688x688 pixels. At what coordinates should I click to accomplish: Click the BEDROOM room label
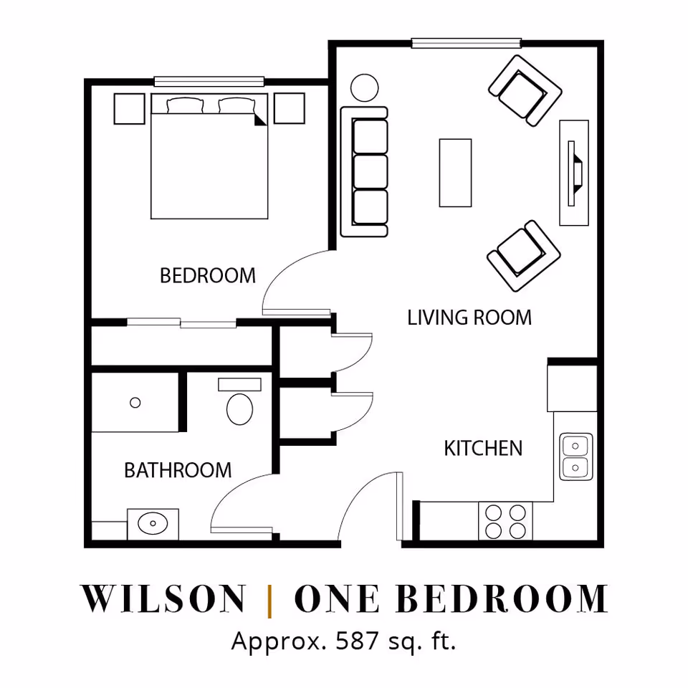[208, 275]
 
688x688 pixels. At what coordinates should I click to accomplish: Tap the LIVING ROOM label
[469, 317]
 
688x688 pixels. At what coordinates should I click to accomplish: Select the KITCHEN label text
[483, 449]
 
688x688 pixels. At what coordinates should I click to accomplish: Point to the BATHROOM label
[178, 470]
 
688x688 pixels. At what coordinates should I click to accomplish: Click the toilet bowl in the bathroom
[239, 409]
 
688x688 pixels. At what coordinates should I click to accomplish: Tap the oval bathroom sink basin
[153, 523]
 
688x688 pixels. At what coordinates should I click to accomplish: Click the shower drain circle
[135, 402]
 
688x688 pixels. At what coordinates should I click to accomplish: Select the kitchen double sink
[575, 457]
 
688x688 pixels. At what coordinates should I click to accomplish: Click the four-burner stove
[505, 521]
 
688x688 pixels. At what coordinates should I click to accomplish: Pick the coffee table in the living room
[456, 173]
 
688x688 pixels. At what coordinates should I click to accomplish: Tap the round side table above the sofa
[364, 87]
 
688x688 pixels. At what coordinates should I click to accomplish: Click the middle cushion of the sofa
[371, 171]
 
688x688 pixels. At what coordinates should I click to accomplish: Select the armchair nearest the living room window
[525, 91]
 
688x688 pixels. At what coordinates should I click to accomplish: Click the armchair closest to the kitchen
[523, 256]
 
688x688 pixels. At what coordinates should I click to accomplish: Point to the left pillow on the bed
[185, 105]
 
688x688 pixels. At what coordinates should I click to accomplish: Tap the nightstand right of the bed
[289, 108]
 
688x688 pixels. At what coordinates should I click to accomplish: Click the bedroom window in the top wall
[209, 81]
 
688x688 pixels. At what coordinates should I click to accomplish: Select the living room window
[466, 43]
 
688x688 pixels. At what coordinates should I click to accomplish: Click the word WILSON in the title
[163, 598]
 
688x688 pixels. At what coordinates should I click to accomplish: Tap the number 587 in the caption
[357, 641]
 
